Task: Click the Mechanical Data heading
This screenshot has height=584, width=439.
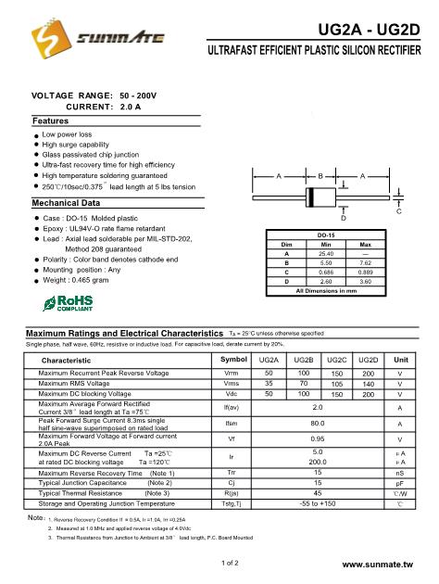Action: point(66,203)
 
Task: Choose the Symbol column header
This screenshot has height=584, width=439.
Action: point(232,359)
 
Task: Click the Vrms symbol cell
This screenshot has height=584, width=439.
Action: point(232,383)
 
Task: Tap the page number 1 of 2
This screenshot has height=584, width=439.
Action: point(231,562)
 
